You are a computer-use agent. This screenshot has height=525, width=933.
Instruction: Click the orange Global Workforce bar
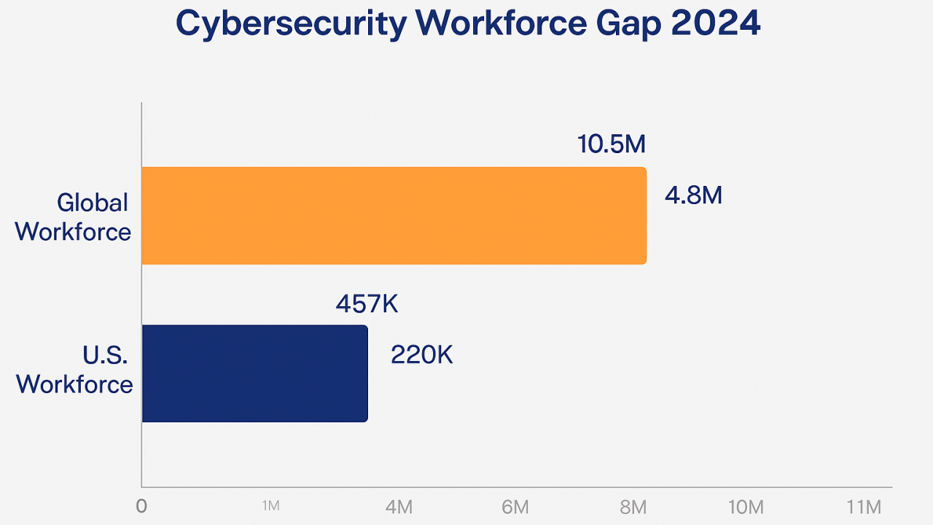(x=394, y=215)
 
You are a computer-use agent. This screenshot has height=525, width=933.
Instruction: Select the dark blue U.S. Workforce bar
(x=254, y=373)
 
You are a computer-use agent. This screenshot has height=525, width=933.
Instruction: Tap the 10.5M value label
(x=612, y=144)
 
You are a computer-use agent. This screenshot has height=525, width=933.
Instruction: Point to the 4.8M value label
(x=693, y=195)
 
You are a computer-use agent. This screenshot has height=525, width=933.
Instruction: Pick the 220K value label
(x=422, y=355)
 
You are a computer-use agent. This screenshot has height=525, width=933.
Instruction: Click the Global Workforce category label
(x=73, y=217)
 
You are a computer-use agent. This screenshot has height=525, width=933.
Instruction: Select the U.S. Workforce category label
(x=75, y=370)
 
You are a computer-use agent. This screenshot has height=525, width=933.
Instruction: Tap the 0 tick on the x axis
(x=141, y=507)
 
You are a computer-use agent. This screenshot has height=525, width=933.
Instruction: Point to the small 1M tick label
(x=270, y=506)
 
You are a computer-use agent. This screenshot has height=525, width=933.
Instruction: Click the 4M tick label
(x=399, y=507)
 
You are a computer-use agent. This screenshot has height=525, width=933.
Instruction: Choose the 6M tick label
(x=515, y=507)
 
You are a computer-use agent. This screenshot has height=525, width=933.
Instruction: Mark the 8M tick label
(x=633, y=507)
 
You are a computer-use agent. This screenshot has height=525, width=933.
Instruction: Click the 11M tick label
(x=864, y=507)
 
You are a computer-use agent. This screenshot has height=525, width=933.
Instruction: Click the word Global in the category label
(x=93, y=202)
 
